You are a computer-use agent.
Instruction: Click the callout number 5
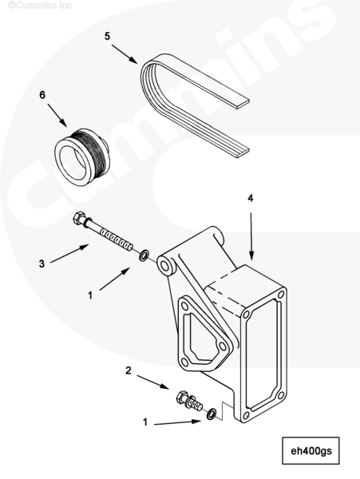tap(107, 36)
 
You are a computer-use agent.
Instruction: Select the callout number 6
tap(42, 95)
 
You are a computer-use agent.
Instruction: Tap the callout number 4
tap(251, 198)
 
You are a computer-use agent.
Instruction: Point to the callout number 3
tap(42, 263)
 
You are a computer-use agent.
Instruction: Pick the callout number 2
tap(129, 370)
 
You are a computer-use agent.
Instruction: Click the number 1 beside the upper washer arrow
tap(90, 295)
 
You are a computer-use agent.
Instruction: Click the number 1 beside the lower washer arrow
tap(145, 422)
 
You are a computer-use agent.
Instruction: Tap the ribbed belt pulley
tap(82, 156)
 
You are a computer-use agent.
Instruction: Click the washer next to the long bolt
tap(144, 255)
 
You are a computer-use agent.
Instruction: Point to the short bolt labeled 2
tap(189, 401)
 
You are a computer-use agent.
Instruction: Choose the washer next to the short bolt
tap(212, 414)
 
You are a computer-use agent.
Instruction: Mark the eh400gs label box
tap(311, 450)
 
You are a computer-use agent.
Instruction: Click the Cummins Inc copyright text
tap(40, 6)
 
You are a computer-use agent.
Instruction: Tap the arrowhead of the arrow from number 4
tap(251, 255)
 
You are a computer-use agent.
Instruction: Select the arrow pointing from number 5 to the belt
tap(125, 54)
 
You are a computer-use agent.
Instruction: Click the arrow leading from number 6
tap(57, 115)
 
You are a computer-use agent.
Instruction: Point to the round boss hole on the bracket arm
tap(165, 266)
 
